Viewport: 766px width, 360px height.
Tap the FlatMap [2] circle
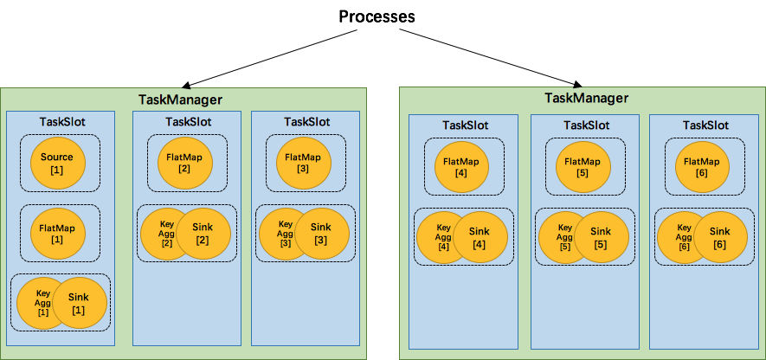coord(184,163)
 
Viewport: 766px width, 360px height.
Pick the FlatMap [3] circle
coord(303,163)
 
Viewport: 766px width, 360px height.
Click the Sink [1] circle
coord(80,304)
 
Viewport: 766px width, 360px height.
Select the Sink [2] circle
coord(204,234)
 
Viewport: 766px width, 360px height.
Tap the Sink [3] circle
coord(323,234)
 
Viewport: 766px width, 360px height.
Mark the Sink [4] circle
coord(480,238)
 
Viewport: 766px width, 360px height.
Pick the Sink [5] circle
coord(601,238)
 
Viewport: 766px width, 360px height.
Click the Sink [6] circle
coord(720,238)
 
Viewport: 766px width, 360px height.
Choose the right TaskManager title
coord(586,98)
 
